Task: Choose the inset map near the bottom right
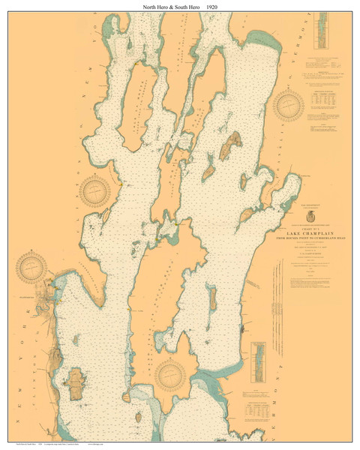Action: (x=259, y=361)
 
